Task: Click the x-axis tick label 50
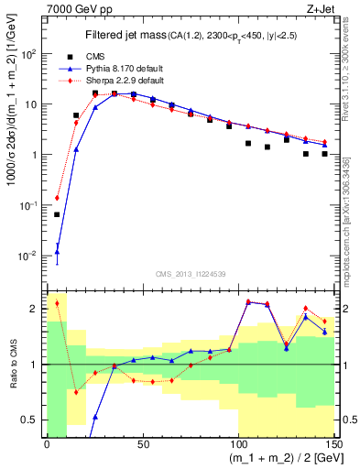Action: click(142, 446)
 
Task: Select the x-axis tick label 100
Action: click(238, 446)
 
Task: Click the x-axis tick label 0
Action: click(47, 446)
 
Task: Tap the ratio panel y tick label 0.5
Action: click(32, 420)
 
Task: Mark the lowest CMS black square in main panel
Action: click(57, 214)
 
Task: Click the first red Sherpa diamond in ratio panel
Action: click(57, 303)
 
